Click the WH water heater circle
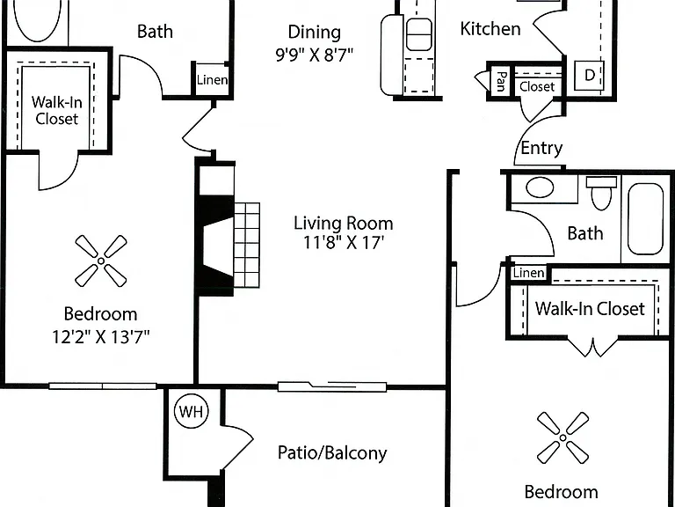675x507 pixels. coord(191,411)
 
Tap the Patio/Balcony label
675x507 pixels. coord(332,453)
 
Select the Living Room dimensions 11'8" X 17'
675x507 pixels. coord(344,243)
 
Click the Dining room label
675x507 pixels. coord(315,33)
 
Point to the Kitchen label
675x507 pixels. coord(490,29)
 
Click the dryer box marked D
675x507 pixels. coord(590,75)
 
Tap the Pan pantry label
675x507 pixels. coord(500,82)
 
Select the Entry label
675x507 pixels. coord(541,148)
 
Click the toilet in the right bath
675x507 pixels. coord(601,193)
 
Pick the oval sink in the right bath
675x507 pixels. coord(540,188)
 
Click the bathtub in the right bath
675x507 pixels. coord(645,219)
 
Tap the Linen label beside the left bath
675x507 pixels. coord(212,80)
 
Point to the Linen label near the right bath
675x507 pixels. coord(528,273)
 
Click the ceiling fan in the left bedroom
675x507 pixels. coord(101,261)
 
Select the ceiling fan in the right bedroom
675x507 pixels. coord(563,437)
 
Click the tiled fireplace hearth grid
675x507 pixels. coord(247,245)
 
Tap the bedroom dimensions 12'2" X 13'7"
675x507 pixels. coord(101,337)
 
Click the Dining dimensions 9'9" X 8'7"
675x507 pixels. coord(315,55)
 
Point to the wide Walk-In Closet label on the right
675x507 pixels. coord(590,309)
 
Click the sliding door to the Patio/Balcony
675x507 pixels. coord(332,386)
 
